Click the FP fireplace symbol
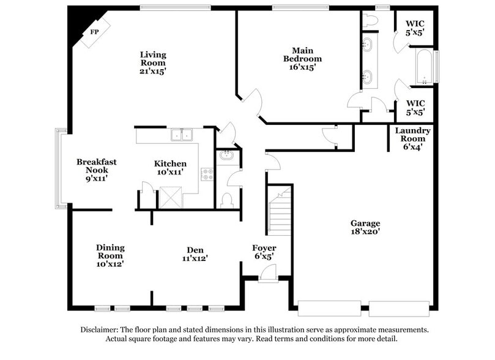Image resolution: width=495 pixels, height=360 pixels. (x=95, y=31)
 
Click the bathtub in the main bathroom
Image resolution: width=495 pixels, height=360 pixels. (x=423, y=66)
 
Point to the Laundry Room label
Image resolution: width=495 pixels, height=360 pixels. (x=412, y=138)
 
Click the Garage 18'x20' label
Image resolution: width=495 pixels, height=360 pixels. (x=365, y=228)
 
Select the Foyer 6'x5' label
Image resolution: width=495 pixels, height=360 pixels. (x=264, y=252)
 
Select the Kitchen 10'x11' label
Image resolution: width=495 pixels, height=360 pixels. (x=170, y=168)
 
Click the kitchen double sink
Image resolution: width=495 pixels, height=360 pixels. (x=182, y=135)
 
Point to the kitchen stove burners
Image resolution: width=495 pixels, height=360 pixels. (x=207, y=174)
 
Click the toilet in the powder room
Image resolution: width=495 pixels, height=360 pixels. (x=226, y=200)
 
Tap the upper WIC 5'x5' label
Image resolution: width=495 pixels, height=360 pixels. (x=415, y=28)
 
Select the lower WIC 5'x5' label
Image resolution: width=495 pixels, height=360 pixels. (x=415, y=107)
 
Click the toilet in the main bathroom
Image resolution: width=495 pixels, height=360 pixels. (x=370, y=20)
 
